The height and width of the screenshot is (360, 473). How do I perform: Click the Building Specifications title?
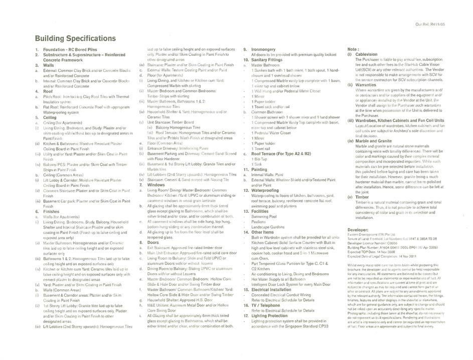[x=75, y=39]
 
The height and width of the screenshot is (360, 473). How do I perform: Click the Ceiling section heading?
[x=50, y=117]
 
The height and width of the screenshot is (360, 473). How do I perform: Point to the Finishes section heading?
[x=52, y=211]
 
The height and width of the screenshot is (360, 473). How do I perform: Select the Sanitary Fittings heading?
[x=270, y=60]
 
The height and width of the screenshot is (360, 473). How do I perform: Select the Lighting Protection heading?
[x=273, y=315]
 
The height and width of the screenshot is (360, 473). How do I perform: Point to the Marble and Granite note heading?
[x=374, y=141]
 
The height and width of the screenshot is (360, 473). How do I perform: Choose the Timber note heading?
[x=362, y=197]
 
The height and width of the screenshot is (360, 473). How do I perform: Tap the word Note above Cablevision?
[x=353, y=49]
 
